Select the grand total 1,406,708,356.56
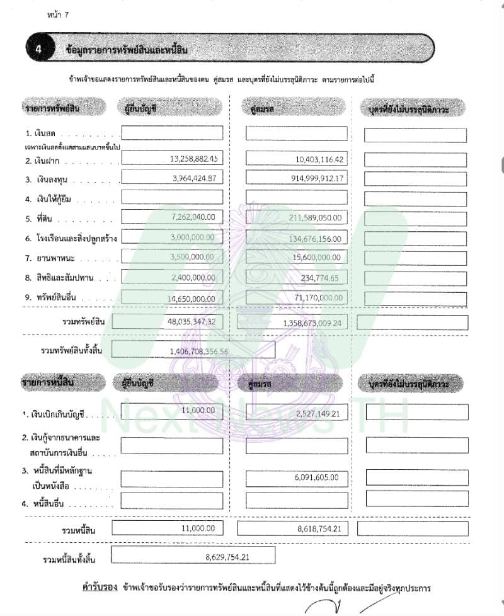198,350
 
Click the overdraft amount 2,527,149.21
318,413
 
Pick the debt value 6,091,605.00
318,477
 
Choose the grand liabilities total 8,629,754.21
227,557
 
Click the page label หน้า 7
58,14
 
